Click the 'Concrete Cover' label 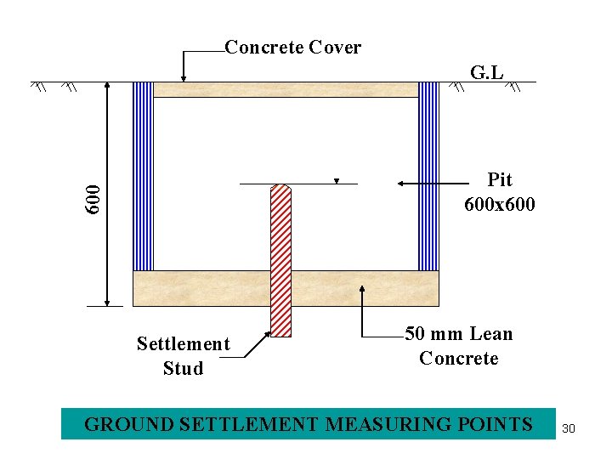pyautogui.click(x=292, y=48)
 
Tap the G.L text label pyautogui.click(x=486, y=73)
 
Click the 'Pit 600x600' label pyautogui.click(x=500, y=192)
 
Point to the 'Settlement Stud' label pyautogui.click(x=183, y=356)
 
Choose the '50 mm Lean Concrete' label pyautogui.click(x=459, y=346)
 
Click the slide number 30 pyautogui.click(x=569, y=428)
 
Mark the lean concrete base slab pyautogui.click(x=286, y=288)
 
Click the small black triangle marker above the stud pyautogui.click(x=337, y=181)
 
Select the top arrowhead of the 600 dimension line pyautogui.click(x=107, y=86)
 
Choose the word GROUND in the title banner pyautogui.click(x=119, y=424)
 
